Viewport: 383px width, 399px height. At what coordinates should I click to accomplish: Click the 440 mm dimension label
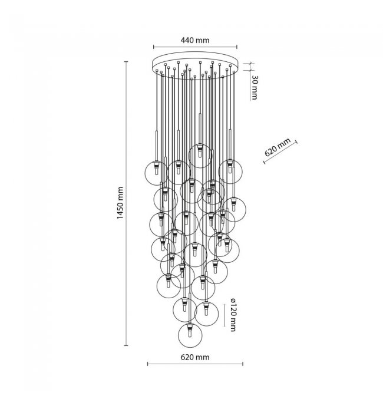(195, 40)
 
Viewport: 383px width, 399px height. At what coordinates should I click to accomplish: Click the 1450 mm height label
(120, 203)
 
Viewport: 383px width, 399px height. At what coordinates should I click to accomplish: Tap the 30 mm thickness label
(254, 87)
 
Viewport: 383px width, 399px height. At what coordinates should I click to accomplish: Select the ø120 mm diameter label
(232, 315)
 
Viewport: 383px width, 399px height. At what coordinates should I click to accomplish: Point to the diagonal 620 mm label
(278, 147)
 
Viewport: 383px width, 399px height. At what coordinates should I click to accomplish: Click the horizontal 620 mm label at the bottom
(195, 357)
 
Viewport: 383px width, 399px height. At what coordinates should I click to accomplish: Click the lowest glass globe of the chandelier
(190, 335)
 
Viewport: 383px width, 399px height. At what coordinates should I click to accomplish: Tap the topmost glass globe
(200, 156)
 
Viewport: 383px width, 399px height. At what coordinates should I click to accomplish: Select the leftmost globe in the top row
(156, 173)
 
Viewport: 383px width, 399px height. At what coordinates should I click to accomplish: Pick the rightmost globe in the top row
(230, 172)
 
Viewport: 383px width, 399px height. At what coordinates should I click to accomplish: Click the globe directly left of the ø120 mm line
(206, 313)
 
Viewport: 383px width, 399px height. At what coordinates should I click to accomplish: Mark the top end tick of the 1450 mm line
(126, 62)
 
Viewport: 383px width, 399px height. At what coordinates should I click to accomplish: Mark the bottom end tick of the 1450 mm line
(126, 345)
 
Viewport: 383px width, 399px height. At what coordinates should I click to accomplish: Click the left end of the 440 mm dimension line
(153, 47)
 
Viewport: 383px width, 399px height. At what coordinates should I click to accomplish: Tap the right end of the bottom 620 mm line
(243, 364)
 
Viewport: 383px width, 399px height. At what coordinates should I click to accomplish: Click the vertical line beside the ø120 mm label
(224, 315)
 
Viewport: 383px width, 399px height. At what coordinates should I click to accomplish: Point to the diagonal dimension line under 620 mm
(280, 152)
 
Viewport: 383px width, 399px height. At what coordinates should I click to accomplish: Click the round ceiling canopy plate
(195, 65)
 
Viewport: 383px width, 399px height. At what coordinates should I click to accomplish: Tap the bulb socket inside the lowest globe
(190, 330)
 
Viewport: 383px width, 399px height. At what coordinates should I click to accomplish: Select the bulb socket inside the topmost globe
(200, 150)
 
